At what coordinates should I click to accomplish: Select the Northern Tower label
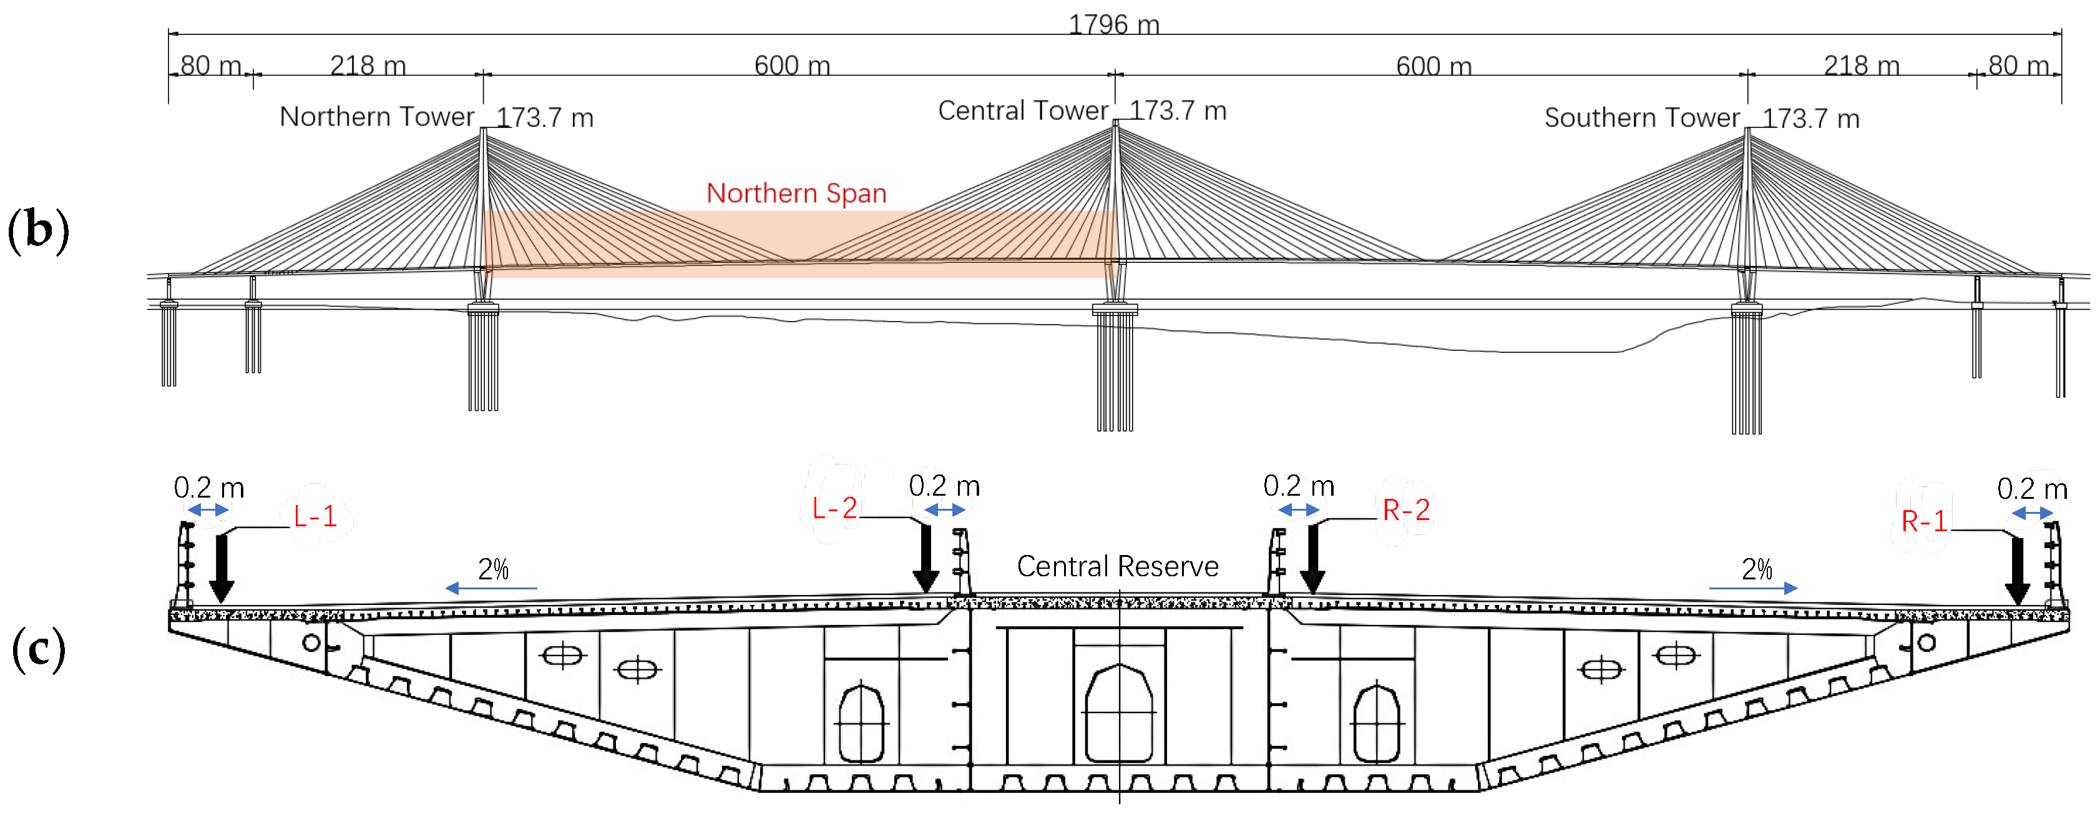click(377, 117)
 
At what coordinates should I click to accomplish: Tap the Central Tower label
click(1022, 110)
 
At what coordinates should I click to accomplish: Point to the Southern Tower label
click(1642, 117)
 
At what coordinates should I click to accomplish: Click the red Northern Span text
click(796, 193)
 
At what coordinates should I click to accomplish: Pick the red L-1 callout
click(315, 516)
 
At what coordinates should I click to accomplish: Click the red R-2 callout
click(1406, 510)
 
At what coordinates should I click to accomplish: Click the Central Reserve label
click(1117, 566)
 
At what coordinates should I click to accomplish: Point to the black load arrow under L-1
click(222, 569)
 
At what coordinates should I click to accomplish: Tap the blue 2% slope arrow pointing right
click(1753, 587)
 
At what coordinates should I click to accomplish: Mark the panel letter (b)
click(38, 231)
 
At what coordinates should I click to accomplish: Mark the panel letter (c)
click(38, 650)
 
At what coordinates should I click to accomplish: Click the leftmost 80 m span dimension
click(210, 65)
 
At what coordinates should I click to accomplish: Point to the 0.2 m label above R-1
click(2031, 488)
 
